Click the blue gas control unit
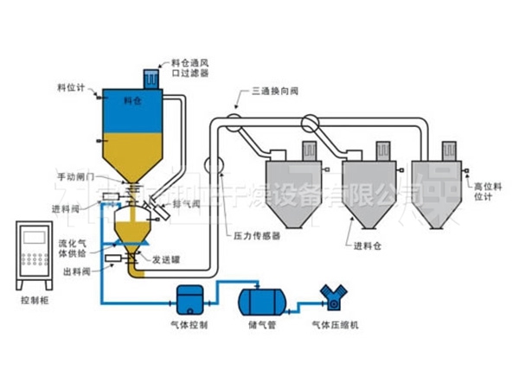(x=189, y=300)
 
